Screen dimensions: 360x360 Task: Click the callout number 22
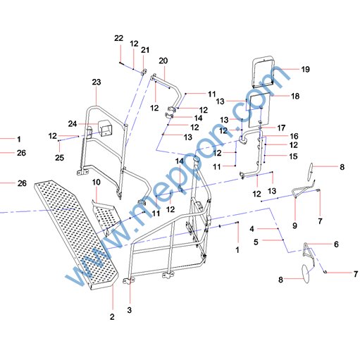(118, 38)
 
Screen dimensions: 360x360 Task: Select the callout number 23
(97, 82)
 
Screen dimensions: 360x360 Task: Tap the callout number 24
(73, 123)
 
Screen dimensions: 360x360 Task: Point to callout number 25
(59, 158)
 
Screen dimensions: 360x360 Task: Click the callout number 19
(305, 69)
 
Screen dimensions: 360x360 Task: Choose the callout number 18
(295, 96)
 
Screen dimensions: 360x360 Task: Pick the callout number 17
(281, 128)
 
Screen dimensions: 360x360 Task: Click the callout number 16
(294, 136)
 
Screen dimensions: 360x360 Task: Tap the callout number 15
(293, 156)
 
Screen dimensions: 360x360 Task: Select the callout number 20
(163, 61)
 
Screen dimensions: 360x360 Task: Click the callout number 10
(96, 182)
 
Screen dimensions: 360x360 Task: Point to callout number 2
(112, 316)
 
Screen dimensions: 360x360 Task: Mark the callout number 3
(130, 310)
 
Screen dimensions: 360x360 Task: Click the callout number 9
(294, 225)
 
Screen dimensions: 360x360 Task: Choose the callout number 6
(336, 244)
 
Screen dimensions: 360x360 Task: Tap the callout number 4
(252, 229)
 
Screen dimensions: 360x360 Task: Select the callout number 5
(256, 242)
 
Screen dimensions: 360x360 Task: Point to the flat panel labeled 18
(259, 110)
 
